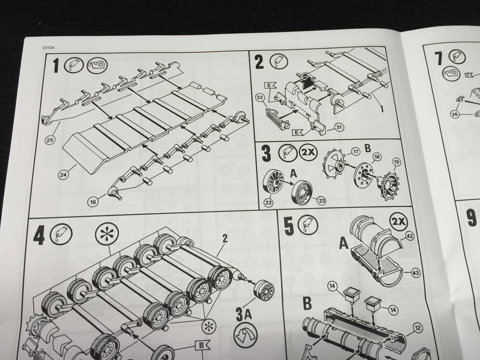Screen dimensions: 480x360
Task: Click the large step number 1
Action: (55, 66)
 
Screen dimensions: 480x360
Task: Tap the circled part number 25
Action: (50, 140)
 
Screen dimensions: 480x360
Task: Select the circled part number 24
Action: (63, 175)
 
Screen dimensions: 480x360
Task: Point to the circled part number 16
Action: (94, 202)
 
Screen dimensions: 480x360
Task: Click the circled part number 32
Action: (261, 97)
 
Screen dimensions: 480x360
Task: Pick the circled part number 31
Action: (339, 127)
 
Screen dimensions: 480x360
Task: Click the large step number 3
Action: (266, 153)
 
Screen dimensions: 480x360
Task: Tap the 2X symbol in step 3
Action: (308, 152)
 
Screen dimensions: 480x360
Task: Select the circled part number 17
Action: (356, 152)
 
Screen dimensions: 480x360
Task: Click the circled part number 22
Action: (269, 203)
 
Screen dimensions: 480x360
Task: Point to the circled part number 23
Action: (322, 201)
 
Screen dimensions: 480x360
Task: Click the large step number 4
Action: (39, 236)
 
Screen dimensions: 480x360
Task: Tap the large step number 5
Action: (288, 226)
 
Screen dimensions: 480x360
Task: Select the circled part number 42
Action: (410, 235)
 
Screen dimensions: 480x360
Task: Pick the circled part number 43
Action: (416, 273)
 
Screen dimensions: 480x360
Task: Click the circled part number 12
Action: (418, 328)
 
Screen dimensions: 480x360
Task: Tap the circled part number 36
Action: (455, 114)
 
